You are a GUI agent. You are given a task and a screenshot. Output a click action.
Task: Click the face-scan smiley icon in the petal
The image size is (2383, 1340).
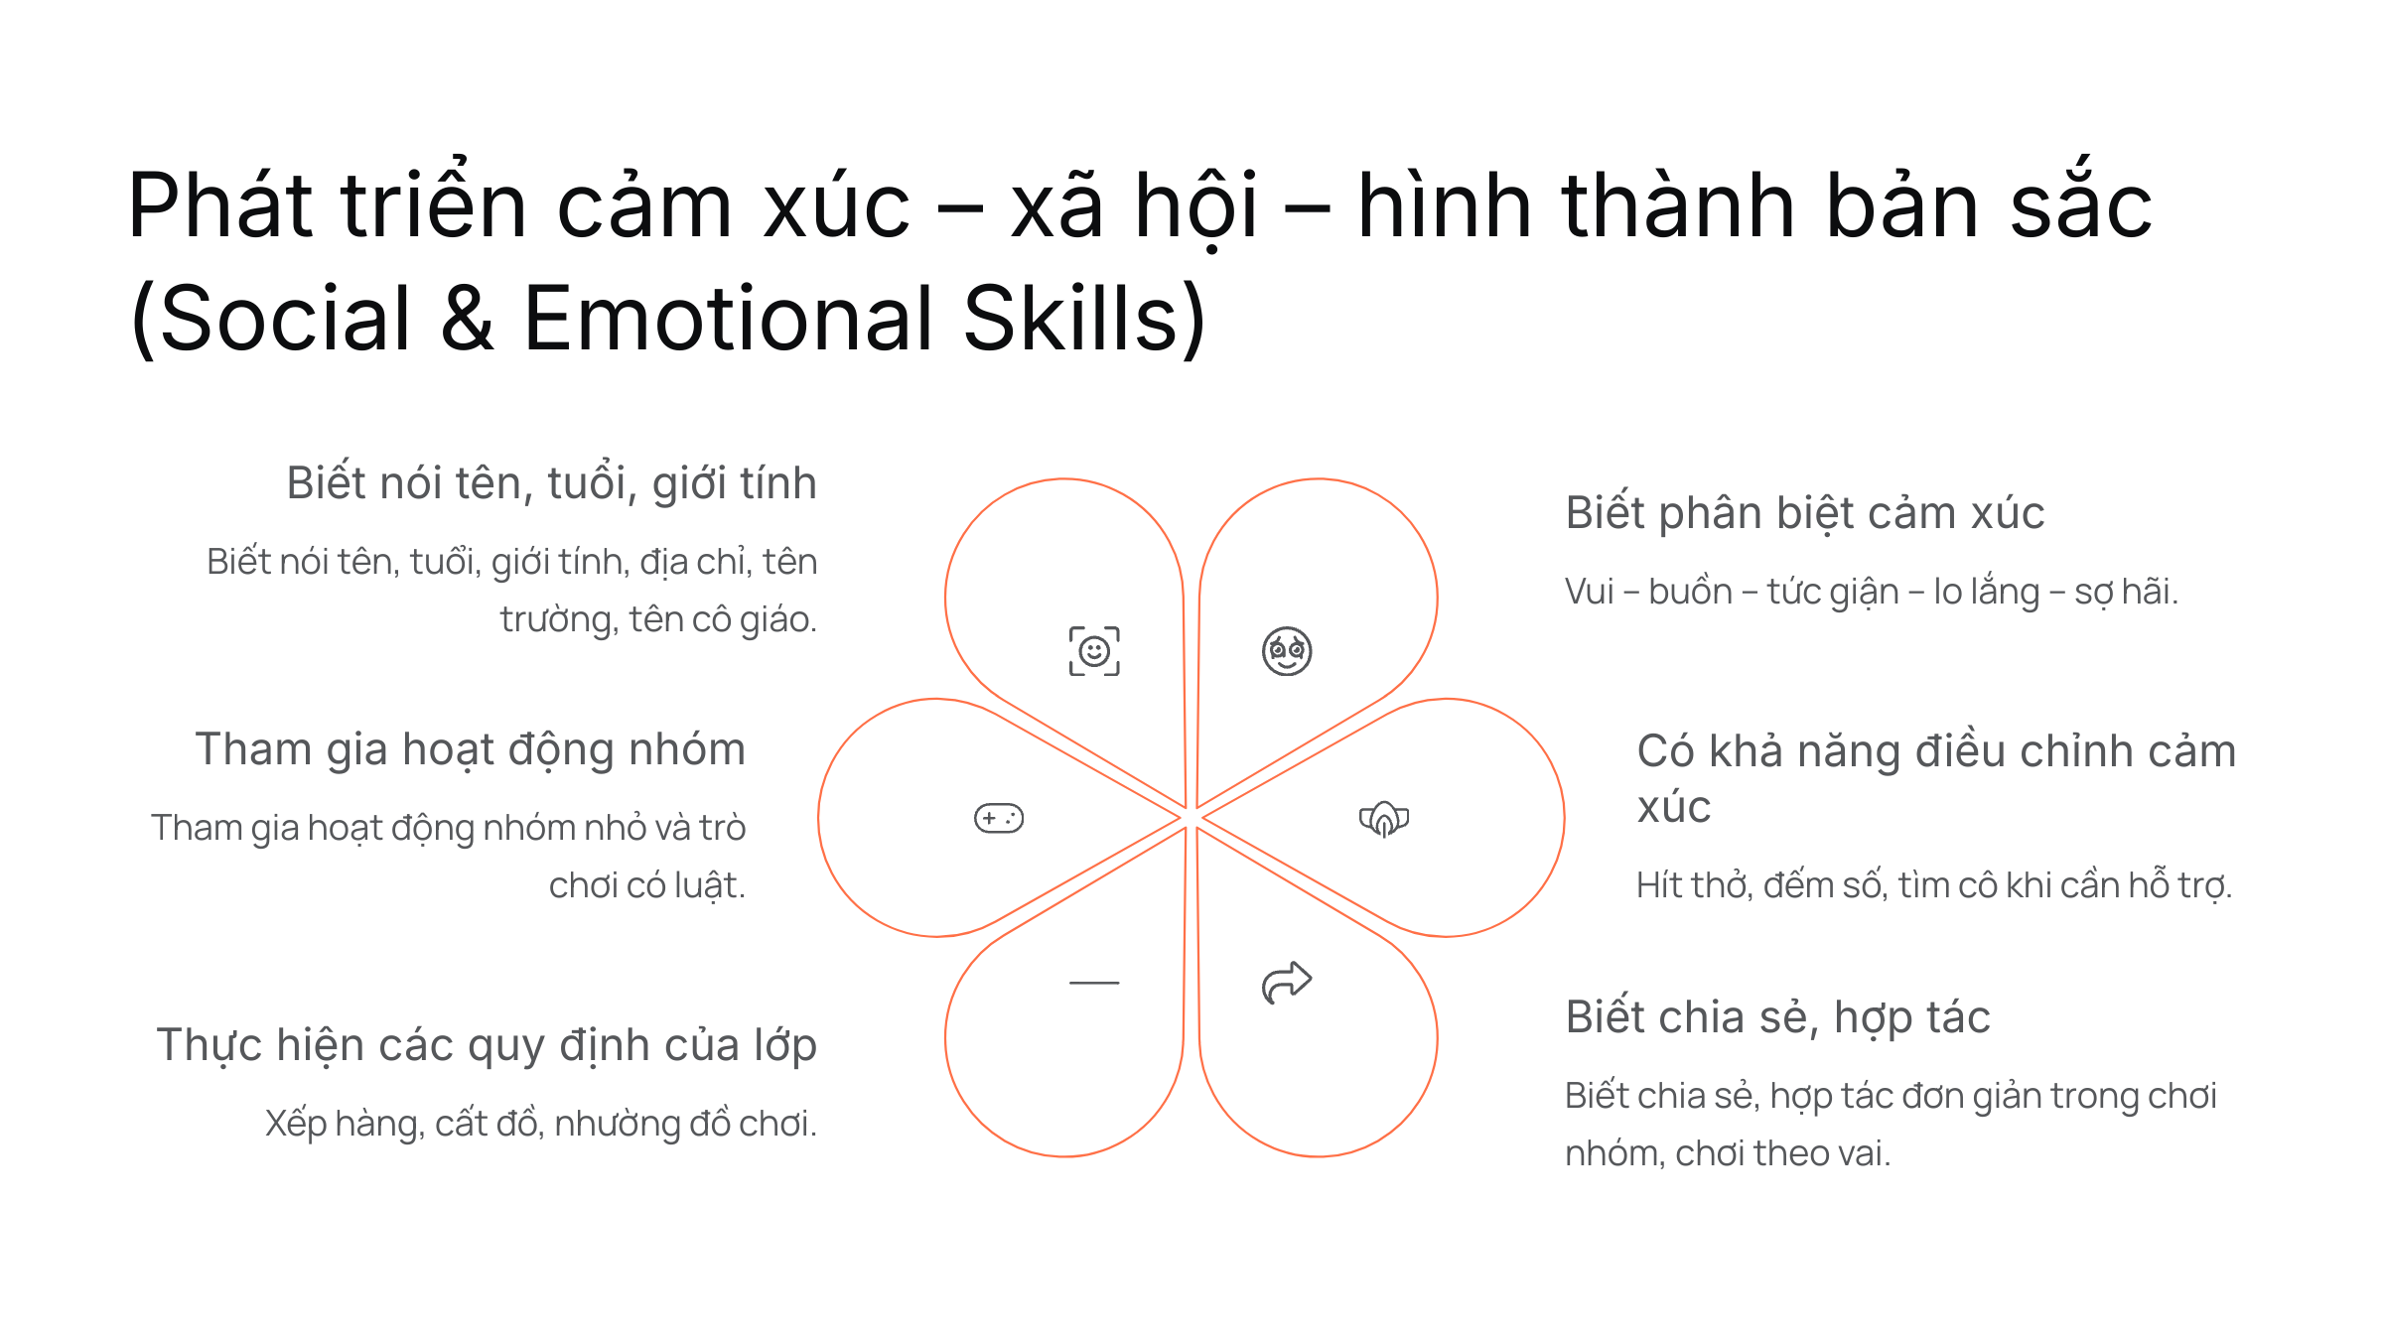coord(1094,651)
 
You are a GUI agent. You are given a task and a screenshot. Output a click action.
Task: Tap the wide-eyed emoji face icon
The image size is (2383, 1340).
coord(1287,651)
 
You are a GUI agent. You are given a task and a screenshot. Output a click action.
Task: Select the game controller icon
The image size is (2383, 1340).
coord(999,818)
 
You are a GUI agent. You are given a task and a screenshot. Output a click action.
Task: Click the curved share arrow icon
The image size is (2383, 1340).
coord(1287,983)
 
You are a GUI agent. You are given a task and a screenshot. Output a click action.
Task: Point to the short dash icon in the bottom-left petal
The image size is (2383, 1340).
coord(1094,983)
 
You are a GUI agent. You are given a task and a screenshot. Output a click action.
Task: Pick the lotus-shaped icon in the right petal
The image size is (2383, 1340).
coord(1384,818)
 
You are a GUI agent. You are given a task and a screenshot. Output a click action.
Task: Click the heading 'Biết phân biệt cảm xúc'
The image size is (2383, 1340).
coord(1804,513)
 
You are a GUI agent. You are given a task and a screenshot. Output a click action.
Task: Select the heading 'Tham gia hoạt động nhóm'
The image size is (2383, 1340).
coord(471,749)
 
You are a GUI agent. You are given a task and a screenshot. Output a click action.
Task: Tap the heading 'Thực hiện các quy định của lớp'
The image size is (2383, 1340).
coord(487,1045)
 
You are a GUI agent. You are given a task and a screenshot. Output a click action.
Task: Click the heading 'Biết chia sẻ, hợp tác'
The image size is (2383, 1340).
coord(1777,1017)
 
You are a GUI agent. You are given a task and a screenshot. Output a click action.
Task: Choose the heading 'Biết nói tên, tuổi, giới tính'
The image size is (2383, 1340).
coord(552,483)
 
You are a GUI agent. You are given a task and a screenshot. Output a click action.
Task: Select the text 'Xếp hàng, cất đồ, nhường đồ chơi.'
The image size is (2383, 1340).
coord(541,1124)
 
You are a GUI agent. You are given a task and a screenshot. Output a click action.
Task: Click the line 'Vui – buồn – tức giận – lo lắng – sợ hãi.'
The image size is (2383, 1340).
coord(1872,592)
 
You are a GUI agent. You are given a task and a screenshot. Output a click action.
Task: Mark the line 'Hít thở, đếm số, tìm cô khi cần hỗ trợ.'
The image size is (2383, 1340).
coord(1934,884)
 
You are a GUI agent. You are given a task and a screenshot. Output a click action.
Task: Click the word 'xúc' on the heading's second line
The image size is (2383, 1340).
coord(1674,806)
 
